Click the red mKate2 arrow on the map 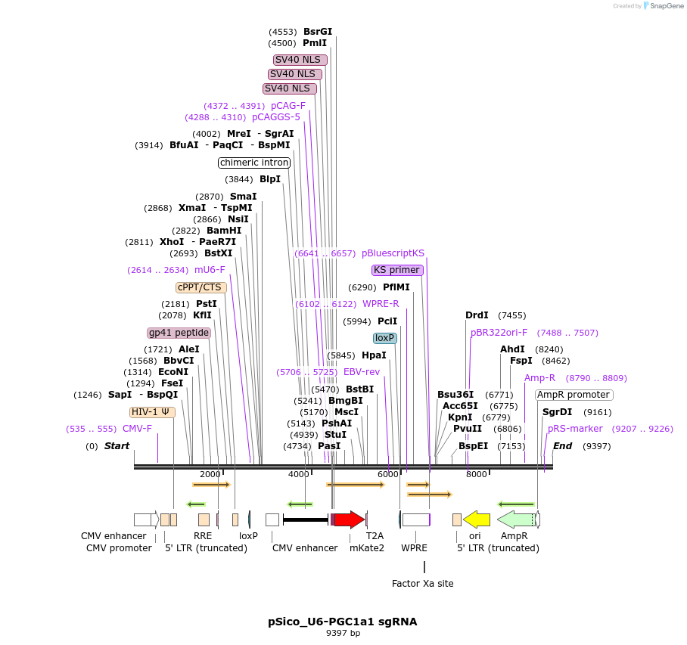pyautogui.click(x=349, y=519)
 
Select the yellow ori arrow pyautogui.click(x=477, y=519)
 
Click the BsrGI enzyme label pyautogui.click(x=318, y=32)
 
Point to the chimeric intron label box pyautogui.click(x=254, y=163)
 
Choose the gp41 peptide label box pyautogui.click(x=179, y=333)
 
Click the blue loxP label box pyautogui.click(x=385, y=338)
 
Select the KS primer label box pyautogui.click(x=397, y=270)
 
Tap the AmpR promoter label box pyautogui.click(x=574, y=395)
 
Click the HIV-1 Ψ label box pyautogui.click(x=152, y=412)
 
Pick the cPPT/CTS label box pyautogui.click(x=201, y=287)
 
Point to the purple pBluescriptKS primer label pyautogui.click(x=393, y=253)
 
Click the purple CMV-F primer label pyautogui.click(x=137, y=429)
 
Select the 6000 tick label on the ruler pyautogui.click(x=388, y=474)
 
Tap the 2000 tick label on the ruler pyautogui.click(x=210, y=474)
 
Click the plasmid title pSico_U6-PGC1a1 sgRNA pyautogui.click(x=343, y=622)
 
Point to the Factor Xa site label pyautogui.click(x=423, y=583)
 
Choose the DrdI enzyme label pyautogui.click(x=477, y=315)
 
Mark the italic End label pyautogui.click(x=562, y=446)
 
